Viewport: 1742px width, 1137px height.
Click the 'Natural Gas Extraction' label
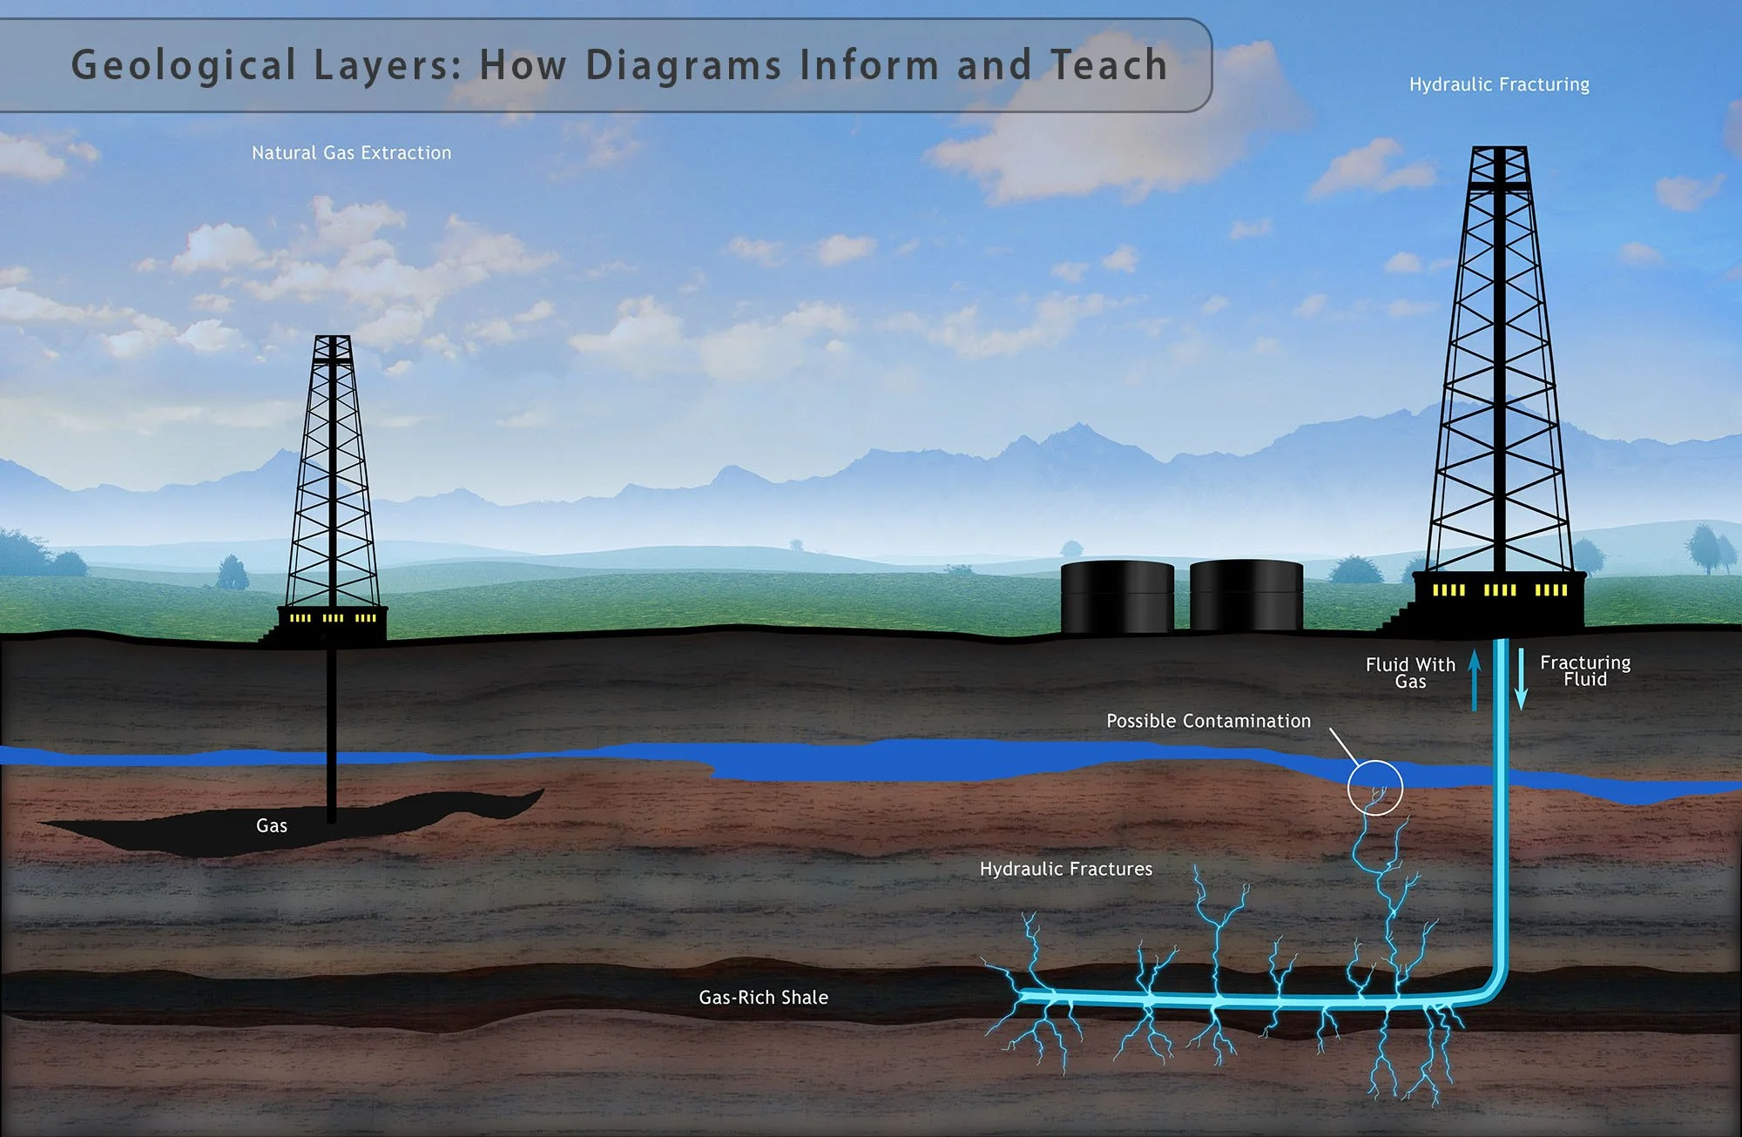point(351,153)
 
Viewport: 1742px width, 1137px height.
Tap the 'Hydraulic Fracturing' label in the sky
point(1499,84)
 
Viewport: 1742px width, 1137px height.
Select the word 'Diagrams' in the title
point(684,66)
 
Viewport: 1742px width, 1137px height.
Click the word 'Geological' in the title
point(184,66)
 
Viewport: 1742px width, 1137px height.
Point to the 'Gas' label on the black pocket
point(272,825)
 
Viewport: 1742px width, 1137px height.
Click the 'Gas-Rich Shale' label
point(763,998)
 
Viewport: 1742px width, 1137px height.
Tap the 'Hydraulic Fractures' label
point(1065,869)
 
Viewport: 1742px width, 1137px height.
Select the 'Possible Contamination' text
point(1208,721)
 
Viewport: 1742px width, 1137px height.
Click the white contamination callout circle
point(1375,787)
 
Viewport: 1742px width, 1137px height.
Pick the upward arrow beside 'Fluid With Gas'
point(1475,679)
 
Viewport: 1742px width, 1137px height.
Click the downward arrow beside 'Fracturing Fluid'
point(1522,679)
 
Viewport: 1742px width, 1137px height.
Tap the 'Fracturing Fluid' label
point(1584,670)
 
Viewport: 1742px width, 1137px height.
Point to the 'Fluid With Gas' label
point(1410,672)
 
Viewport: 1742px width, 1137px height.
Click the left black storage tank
point(1117,596)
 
